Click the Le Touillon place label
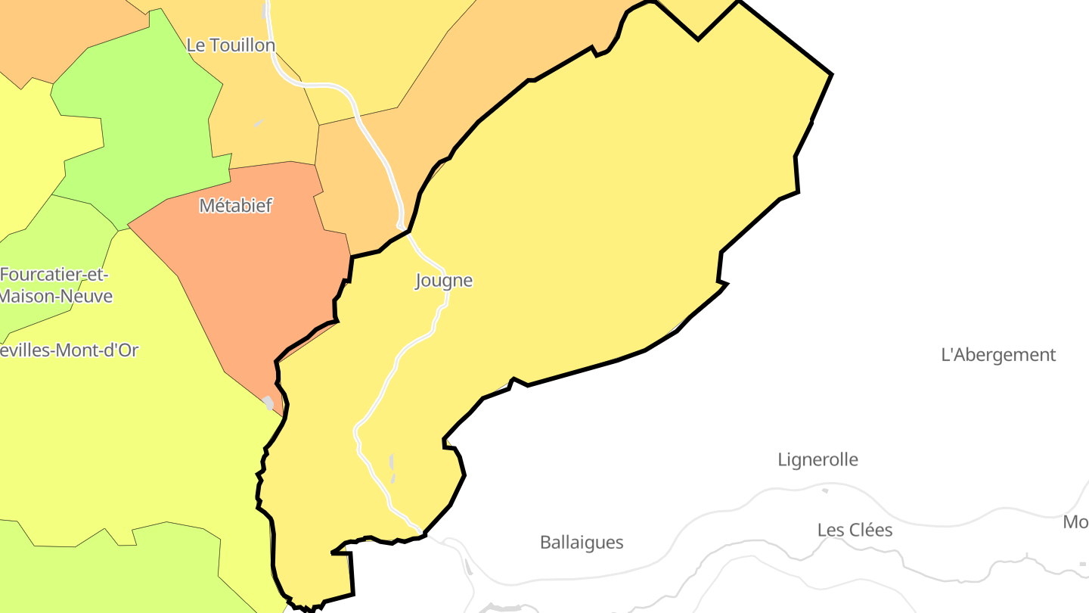(231, 45)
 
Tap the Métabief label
(235, 205)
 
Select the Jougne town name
(444, 281)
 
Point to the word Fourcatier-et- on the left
(54, 275)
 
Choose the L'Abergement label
(997, 355)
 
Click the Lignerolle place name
(818, 459)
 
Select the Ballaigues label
(582, 543)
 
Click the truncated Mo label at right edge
(1075, 522)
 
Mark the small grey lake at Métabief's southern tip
(268, 403)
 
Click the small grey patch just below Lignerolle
(825, 490)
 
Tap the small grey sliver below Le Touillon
(259, 123)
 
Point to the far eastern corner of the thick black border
(831, 74)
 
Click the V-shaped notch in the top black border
(697, 39)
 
